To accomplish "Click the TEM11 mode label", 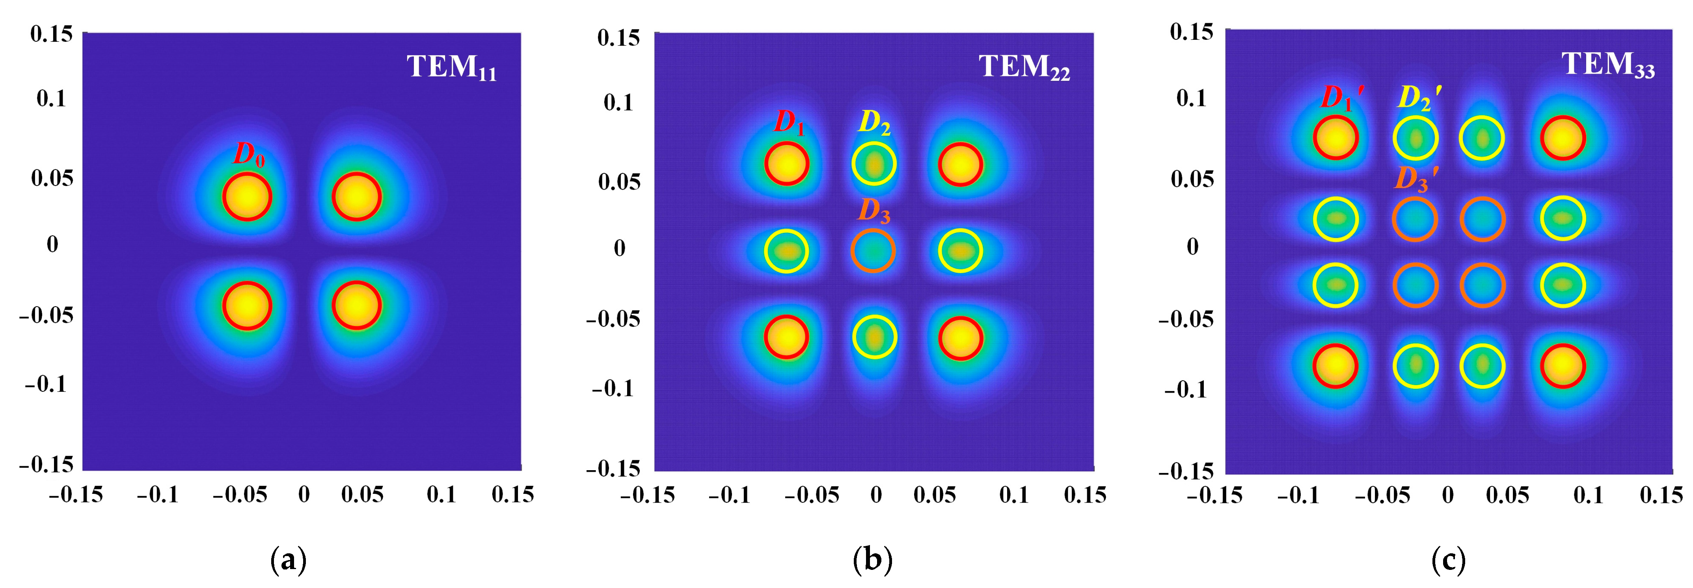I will pos(451,67).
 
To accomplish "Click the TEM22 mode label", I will pos(1024,67).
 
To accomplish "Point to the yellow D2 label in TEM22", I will pos(875,123).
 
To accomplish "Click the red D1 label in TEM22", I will pos(789,122).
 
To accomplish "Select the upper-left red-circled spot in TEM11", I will pos(246,196).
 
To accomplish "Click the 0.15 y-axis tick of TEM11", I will pos(51,33).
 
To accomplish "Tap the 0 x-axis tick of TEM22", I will pos(875,495).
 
